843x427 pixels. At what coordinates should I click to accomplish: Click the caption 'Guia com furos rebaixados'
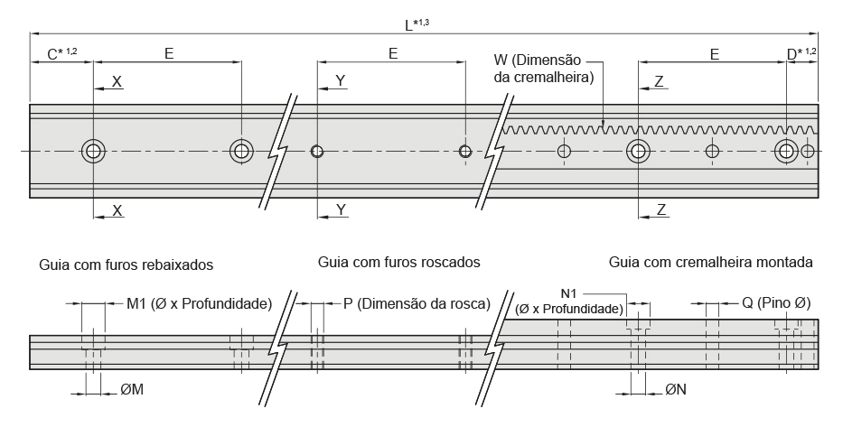[126, 266]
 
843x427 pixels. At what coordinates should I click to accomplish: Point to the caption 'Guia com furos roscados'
[398, 263]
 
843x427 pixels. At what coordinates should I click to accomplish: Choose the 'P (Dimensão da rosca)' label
[417, 303]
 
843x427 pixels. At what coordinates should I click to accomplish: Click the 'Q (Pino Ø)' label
[775, 303]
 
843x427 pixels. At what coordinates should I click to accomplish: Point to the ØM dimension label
[132, 391]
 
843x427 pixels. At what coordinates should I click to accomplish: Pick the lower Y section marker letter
[340, 209]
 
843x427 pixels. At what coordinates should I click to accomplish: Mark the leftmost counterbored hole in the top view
[93, 151]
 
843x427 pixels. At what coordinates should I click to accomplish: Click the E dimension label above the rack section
[714, 55]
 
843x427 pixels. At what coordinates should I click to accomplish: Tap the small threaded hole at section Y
[316, 151]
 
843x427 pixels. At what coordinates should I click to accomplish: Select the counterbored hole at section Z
[638, 151]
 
